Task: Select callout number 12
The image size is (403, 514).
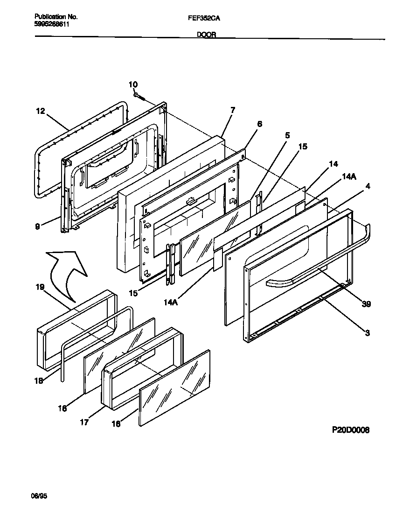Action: click(x=41, y=111)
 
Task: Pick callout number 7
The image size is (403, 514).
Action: click(x=232, y=110)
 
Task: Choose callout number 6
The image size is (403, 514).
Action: click(x=259, y=124)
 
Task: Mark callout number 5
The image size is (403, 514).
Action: click(x=287, y=135)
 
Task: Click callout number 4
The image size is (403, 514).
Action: click(x=368, y=186)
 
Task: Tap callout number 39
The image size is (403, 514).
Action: click(x=366, y=304)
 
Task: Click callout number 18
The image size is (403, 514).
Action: click(x=39, y=380)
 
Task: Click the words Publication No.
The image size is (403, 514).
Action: click(x=56, y=16)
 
